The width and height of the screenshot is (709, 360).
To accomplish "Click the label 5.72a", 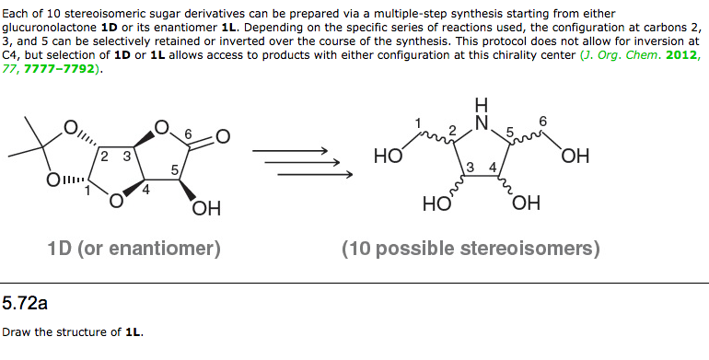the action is [x=25, y=301].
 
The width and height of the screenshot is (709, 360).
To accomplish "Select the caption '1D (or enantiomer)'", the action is [x=134, y=248].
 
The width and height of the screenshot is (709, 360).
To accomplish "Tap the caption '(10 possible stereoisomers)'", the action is [x=471, y=248].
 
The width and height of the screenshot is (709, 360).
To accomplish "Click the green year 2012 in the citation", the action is [x=684, y=55].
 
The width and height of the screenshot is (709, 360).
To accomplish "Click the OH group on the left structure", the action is [x=206, y=209].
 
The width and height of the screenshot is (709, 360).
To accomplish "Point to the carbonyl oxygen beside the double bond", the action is [x=224, y=136].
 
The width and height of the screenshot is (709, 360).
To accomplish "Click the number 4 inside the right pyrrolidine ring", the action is [x=493, y=167].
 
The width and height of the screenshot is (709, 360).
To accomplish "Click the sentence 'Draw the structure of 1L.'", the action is [x=73, y=332].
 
